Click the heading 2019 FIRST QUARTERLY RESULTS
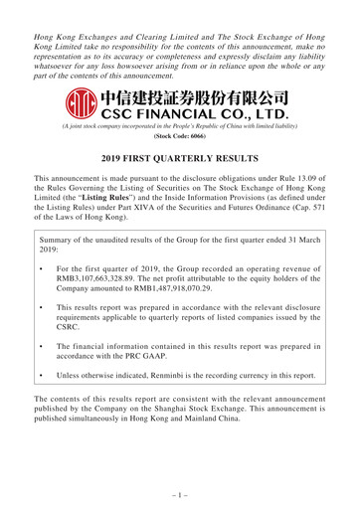click(x=179, y=159)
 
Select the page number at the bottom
click(x=179, y=492)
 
